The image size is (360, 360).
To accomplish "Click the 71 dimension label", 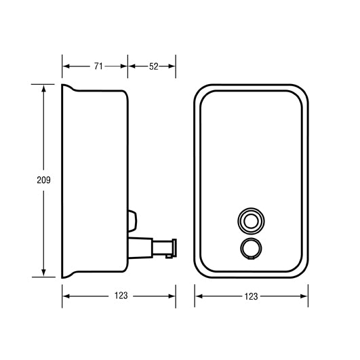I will click(98, 66).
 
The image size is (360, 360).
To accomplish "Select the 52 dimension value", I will click(153, 66).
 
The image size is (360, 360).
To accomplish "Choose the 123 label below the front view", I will click(251, 296).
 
